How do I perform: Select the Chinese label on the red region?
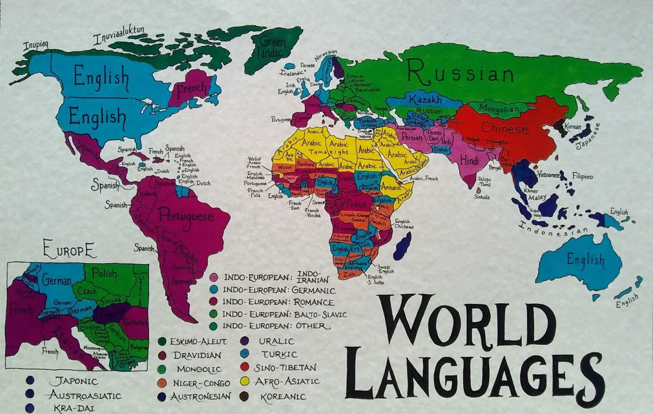(x=504, y=128)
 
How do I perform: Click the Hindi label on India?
(x=469, y=161)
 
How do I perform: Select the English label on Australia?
(x=585, y=261)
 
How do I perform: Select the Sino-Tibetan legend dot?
(x=244, y=367)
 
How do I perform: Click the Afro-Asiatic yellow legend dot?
(x=244, y=381)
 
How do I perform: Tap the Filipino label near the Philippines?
(x=583, y=177)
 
